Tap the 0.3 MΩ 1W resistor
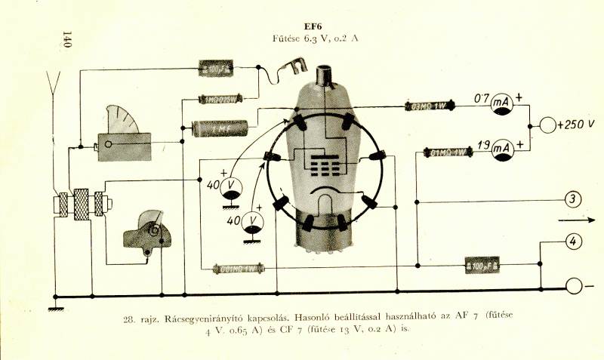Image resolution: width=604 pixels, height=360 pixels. click(x=427, y=106)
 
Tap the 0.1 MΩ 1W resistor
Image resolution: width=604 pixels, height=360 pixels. click(x=448, y=152)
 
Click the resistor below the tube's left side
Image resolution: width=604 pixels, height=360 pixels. click(x=238, y=268)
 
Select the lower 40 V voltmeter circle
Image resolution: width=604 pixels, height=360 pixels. click(x=253, y=222)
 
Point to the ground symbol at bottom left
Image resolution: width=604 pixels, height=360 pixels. click(x=54, y=306)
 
